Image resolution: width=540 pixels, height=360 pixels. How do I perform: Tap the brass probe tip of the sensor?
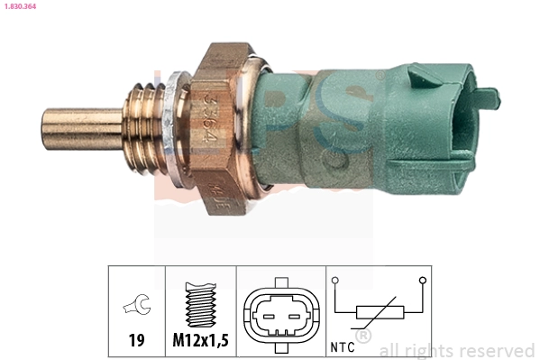coord(77,129)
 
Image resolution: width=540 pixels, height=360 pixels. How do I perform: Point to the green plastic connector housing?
coord(361,126)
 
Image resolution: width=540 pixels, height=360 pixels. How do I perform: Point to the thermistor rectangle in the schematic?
coord(380,314)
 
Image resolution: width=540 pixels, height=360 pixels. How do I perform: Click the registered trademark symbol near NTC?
coord(364,337)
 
